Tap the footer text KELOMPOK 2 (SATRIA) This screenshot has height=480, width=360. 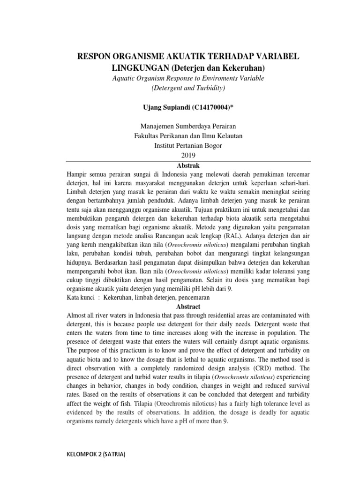pos(97,455)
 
